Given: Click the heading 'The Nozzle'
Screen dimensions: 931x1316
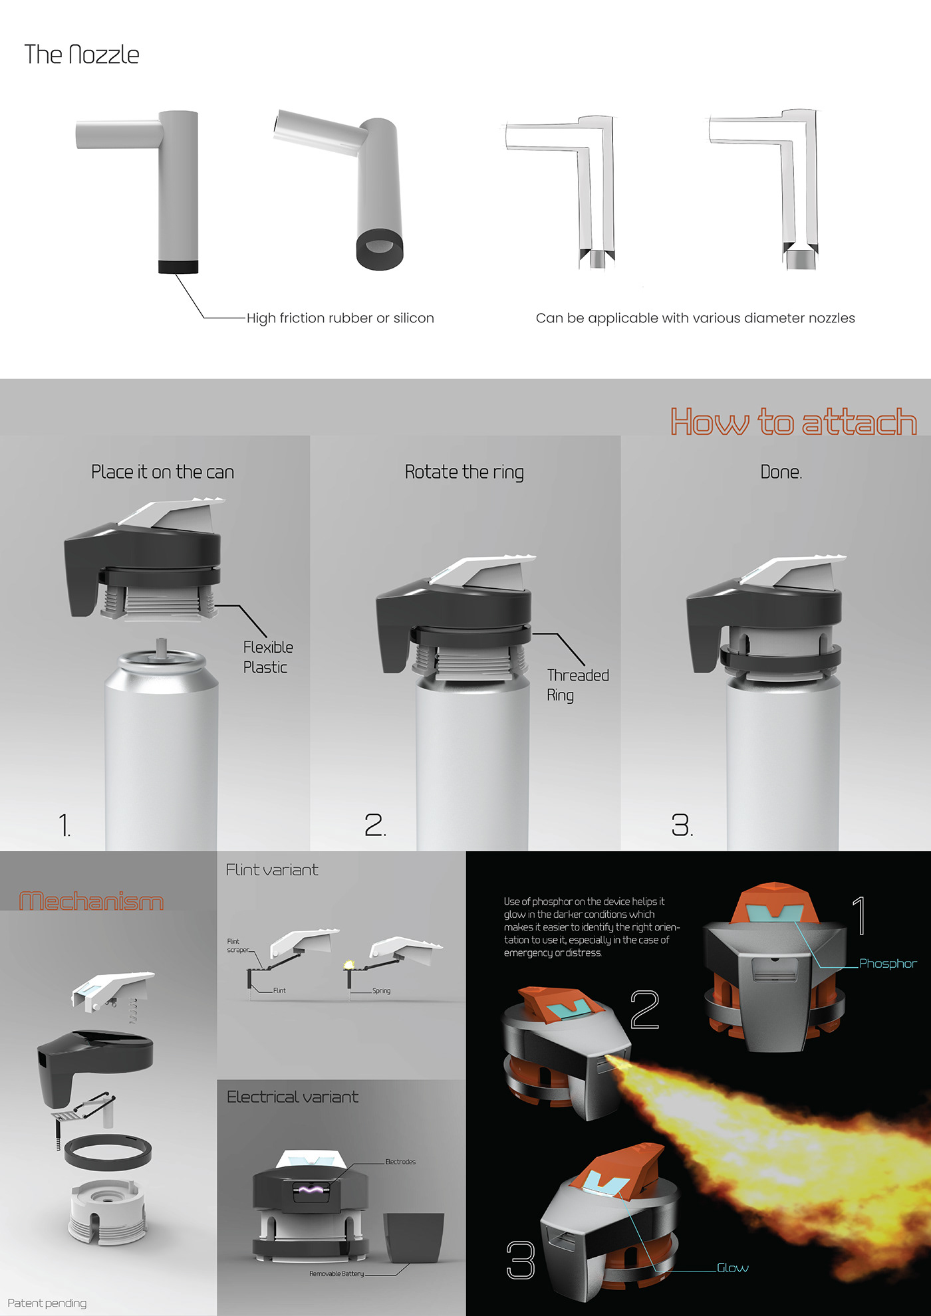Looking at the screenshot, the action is coord(82,55).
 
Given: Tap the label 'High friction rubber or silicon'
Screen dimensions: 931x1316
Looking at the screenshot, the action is coord(340,318).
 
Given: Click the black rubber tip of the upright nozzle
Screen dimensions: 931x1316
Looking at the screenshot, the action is coord(178,267).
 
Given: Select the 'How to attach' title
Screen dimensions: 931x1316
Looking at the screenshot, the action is coord(793,422).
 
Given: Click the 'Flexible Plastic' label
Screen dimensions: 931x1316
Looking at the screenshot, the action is coord(268,657).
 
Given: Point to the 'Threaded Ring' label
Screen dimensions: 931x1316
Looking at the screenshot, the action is coord(578,685).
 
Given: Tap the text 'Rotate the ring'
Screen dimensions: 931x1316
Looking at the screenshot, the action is coord(464,473).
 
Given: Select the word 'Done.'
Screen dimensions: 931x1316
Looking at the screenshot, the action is coord(781,473).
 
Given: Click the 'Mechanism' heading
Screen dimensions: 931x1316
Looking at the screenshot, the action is coord(92,901).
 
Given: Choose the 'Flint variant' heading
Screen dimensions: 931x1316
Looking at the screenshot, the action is coord(272,870).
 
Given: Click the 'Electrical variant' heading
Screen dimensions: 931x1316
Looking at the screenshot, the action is coord(293,1097).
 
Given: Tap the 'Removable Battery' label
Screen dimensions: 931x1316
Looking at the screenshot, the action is coord(336,1273).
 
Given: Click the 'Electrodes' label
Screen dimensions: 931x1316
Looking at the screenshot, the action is coord(400,1162).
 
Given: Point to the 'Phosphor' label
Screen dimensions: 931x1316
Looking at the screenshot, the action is coord(888,964).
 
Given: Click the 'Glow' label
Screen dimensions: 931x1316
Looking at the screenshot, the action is coord(733,1268).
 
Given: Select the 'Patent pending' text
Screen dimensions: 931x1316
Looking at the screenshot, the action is coord(47,1303).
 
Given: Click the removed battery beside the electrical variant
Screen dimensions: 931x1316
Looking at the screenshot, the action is coord(414,1238).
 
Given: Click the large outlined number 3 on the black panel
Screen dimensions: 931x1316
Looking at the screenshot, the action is coord(521,1260).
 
